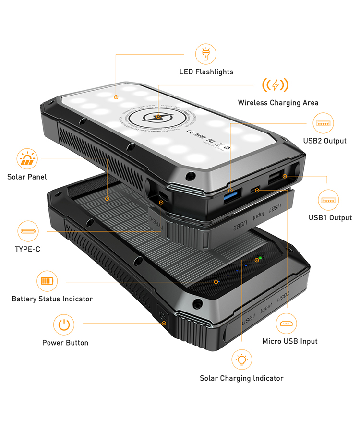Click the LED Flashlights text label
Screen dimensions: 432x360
[x=206, y=72]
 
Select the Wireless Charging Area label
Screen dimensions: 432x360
[x=278, y=103]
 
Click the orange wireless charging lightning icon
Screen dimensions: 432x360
[x=275, y=85]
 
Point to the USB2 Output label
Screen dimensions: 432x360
[x=324, y=141]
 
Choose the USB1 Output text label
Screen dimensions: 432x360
[x=330, y=218]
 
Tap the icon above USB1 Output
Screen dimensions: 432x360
[x=328, y=200]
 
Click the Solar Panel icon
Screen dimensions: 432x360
[x=27, y=159]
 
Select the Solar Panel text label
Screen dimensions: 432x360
[x=27, y=177]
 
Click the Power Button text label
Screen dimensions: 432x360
[x=65, y=343]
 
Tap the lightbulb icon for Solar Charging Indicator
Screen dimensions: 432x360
[x=242, y=360]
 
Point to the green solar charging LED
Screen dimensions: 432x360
[x=260, y=258]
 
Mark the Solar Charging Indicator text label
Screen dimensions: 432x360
[x=241, y=378]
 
